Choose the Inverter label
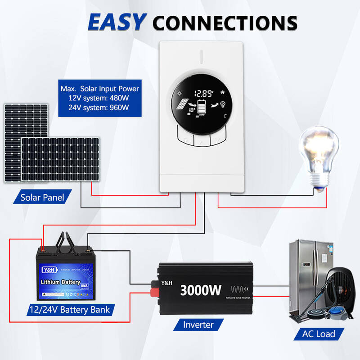click(198, 324)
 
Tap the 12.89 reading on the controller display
click(203, 94)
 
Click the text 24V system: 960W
click(99, 107)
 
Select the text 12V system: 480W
click(99, 98)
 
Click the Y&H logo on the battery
click(48, 271)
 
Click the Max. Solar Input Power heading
click(99, 89)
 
